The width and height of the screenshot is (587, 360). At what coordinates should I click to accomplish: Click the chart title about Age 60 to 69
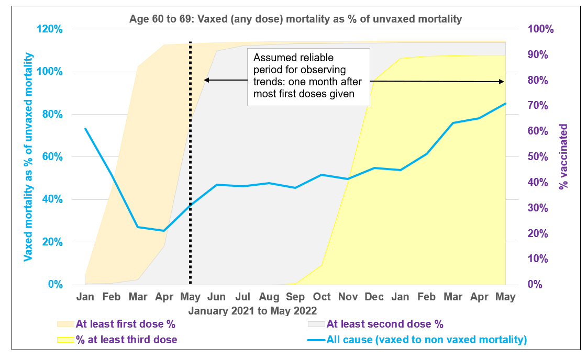[295, 19]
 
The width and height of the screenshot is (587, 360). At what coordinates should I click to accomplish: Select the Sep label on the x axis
[295, 297]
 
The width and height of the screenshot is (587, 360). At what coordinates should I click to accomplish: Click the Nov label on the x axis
[348, 297]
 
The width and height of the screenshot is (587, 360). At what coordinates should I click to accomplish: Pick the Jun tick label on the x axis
[216, 297]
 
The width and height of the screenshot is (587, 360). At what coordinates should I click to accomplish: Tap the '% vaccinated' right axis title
[563, 156]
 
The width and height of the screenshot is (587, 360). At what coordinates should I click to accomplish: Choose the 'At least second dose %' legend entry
[384, 324]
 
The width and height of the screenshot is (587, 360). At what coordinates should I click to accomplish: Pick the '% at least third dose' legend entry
[126, 340]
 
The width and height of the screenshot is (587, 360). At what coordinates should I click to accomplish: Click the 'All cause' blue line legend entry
[426, 340]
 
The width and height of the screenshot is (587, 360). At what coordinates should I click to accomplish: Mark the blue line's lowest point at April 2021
[164, 230]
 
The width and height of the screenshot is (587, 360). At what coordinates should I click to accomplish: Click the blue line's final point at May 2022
[505, 104]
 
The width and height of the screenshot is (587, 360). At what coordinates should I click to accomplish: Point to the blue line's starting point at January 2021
[85, 129]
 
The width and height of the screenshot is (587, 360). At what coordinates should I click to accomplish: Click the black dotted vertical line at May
[190, 157]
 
